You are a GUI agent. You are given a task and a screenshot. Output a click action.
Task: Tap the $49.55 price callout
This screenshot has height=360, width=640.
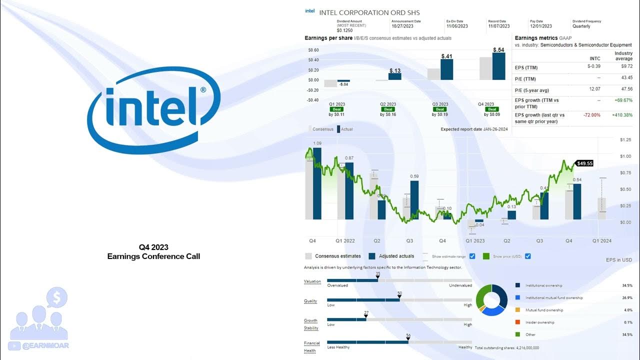point(584,163)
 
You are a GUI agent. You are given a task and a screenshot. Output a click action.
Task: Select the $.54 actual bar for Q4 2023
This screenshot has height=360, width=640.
point(498,66)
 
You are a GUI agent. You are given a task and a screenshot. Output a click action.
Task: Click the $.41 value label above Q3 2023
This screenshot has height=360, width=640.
point(446,56)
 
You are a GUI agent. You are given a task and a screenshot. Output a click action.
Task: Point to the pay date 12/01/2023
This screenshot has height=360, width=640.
point(540,26)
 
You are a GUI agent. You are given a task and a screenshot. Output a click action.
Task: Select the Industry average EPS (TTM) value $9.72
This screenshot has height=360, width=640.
point(626,66)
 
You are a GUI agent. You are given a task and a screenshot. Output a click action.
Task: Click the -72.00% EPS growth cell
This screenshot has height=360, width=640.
point(591,115)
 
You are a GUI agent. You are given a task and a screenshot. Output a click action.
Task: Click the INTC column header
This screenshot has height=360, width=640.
point(594,58)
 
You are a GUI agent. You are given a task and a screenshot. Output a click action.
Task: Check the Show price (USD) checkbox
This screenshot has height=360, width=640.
point(528,256)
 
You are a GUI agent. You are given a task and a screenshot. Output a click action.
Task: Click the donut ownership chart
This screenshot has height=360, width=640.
point(491,300)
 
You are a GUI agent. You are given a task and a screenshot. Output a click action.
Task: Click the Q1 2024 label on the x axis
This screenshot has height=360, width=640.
point(602,241)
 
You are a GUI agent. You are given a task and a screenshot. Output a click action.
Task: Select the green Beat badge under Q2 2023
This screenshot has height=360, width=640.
point(388,109)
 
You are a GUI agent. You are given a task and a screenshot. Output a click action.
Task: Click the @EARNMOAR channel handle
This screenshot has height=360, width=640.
point(45,345)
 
